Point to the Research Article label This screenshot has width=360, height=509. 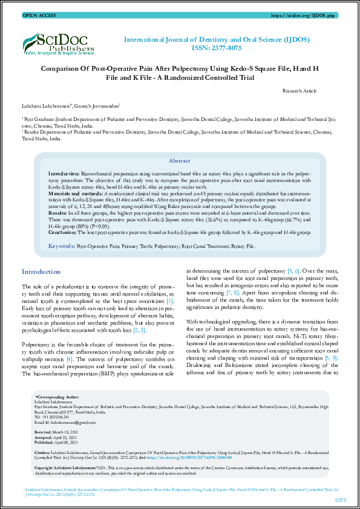click(x=299, y=90)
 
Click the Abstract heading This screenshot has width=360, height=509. click(x=179, y=161)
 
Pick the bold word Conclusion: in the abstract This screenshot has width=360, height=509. click(x=62, y=232)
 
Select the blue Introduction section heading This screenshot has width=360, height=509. click(x=41, y=272)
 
